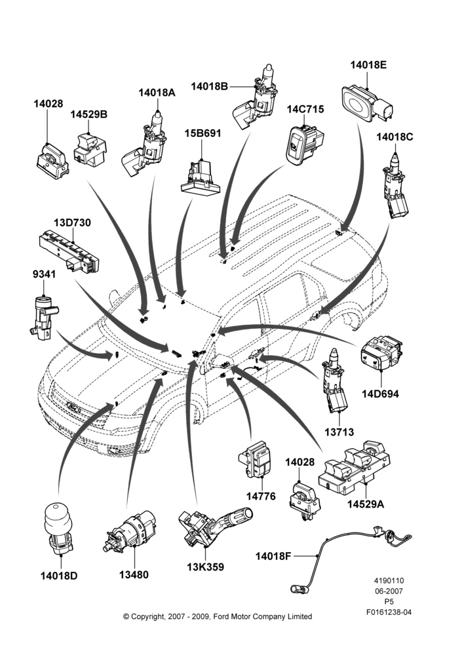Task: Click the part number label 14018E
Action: (x=368, y=65)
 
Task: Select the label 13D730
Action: (x=72, y=223)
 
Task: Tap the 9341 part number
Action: (x=44, y=274)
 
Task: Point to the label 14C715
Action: (x=305, y=109)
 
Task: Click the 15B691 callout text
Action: (x=203, y=133)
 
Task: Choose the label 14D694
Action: (x=380, y=394)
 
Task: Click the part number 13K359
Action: (x=205, y=567)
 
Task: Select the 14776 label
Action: (x=261, y=496)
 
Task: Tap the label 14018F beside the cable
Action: (x=274, y=556)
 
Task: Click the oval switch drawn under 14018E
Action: (x=367, y=103)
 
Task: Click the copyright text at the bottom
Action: (x=218, y=616)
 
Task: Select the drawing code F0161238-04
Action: (x=389, y=612)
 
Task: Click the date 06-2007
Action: (x=389, y=591)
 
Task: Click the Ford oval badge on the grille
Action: (x=73, y=407)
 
